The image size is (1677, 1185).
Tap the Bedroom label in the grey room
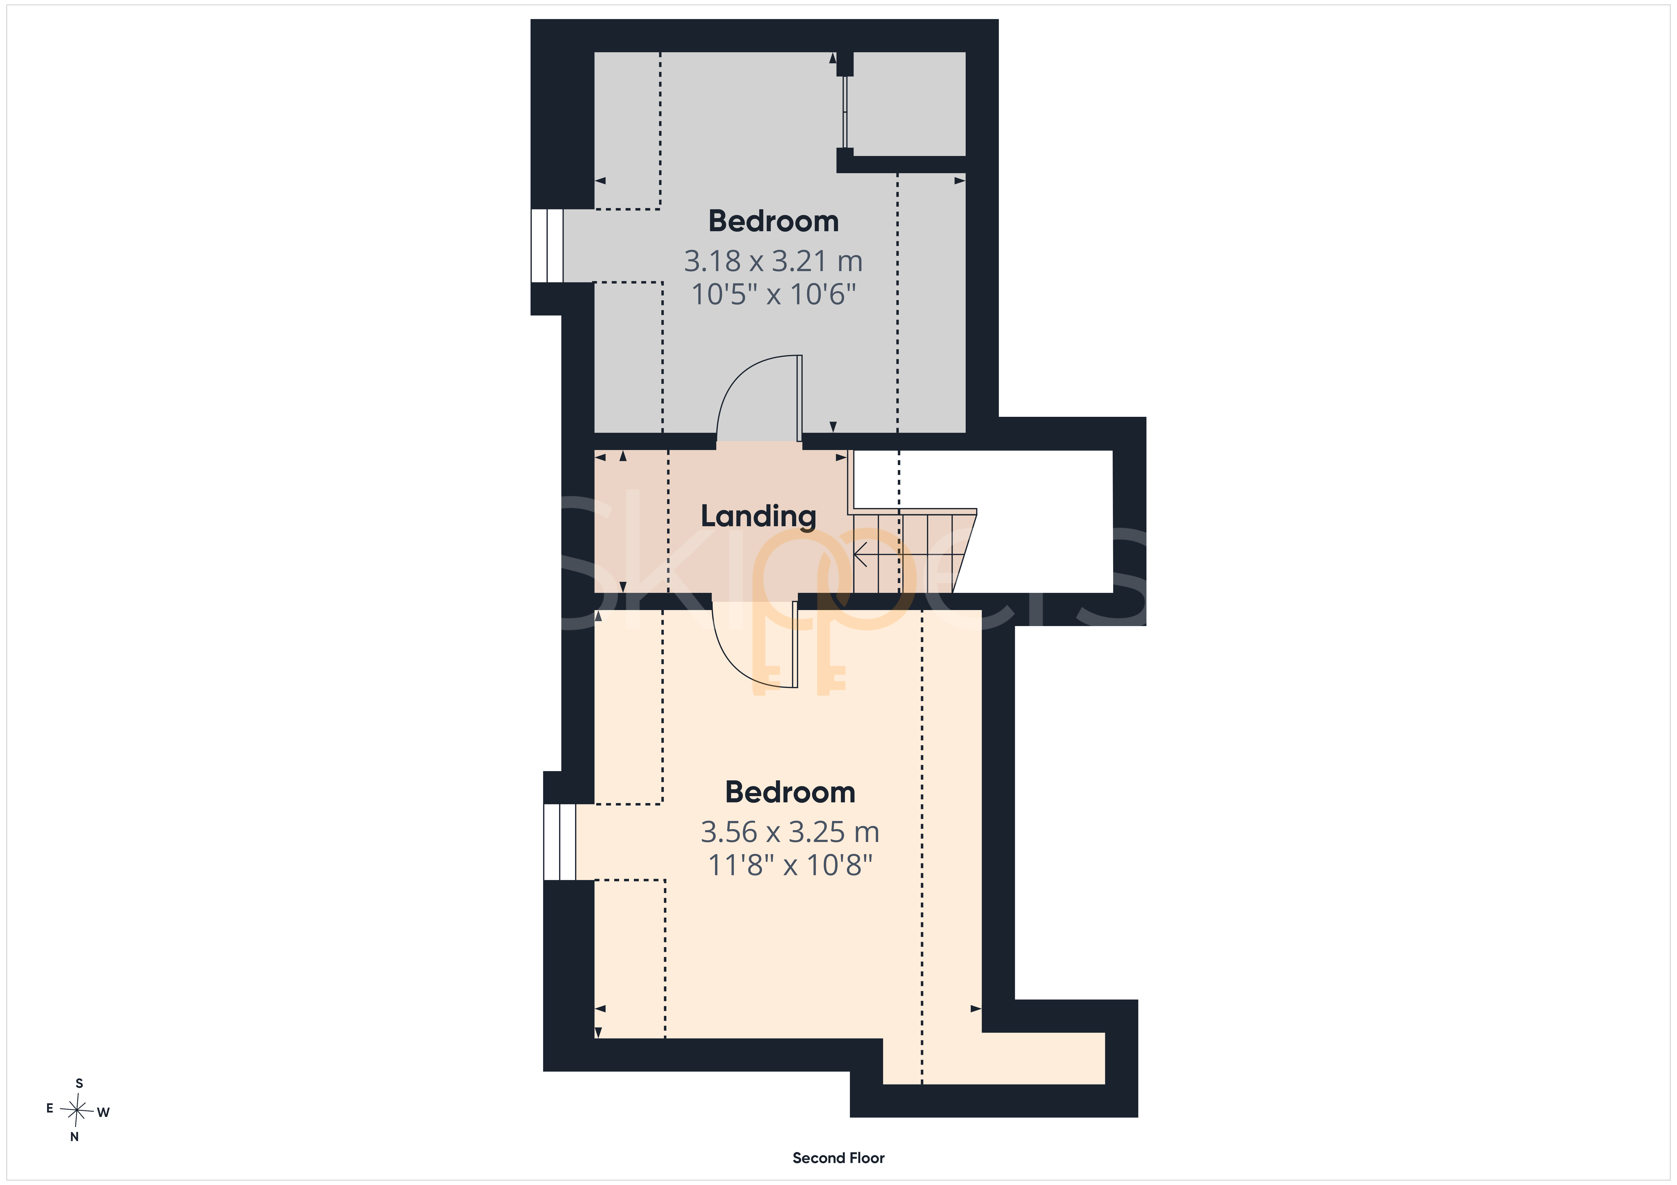click(x=773, y=221)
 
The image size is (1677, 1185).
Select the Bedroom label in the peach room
click(x=790, y=792)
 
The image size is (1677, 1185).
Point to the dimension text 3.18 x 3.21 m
click(x=773, y=261)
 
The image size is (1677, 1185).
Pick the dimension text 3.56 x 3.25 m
click(x=790, y=832)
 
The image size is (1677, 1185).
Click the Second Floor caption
click(x=838, y=1158)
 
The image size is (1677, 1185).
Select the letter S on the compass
click(x=80, y=1083)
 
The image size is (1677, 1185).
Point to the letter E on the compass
click(x=50, y=1108)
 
